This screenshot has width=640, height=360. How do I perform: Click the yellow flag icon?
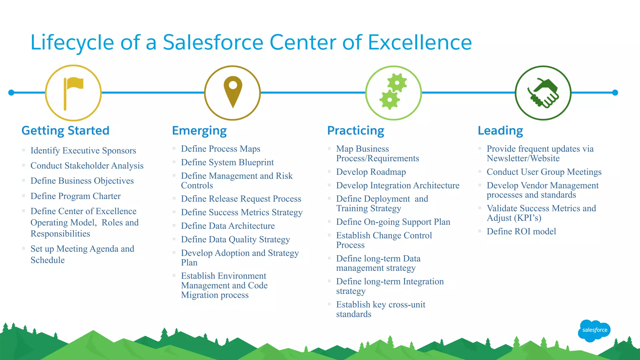[73, 93]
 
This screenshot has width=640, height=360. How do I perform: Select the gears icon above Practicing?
[393, 93]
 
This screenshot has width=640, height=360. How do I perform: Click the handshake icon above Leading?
[543, 93]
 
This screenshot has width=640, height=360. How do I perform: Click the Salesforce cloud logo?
[594, 330]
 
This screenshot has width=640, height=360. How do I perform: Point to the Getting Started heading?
[65, 131]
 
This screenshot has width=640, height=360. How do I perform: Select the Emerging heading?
[199, 131]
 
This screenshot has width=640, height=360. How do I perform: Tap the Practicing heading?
[356, 131]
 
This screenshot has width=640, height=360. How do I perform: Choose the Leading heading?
[500, 131]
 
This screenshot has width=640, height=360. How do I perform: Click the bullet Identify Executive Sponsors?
[83, 151]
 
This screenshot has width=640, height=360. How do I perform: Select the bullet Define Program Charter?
[76, 196]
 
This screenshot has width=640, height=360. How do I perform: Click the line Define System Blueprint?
[227, 162]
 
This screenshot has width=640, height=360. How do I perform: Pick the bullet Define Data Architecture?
[228, 226]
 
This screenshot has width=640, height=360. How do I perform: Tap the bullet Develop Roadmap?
[371, 172]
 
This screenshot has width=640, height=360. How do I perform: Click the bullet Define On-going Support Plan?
[393, 222]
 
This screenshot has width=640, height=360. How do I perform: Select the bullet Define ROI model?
[521, 232]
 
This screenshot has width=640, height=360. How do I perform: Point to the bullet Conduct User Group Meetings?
[544, 172]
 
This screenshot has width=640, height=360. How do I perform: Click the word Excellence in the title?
[420, 42]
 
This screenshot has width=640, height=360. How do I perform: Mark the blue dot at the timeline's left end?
[11, 92]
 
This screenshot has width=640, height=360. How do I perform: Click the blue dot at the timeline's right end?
[615, 92]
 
